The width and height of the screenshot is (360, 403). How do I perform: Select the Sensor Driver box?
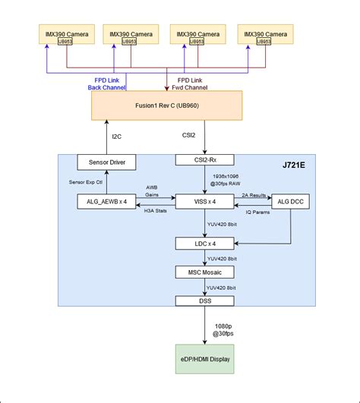pyautogui.click(x=106, y=163)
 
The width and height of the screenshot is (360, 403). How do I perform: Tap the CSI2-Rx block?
pyautogui.click(x=204, y=160)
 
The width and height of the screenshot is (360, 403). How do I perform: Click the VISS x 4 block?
pyautogui.click(x=205, y=202)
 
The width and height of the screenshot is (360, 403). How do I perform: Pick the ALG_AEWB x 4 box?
pyautogui.click(x=107, y=202)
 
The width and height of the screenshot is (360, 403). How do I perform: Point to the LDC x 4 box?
pyautogui.click(x=205, y=244)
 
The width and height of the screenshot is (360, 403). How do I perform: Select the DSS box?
pyautogui.click(x=205, y=301)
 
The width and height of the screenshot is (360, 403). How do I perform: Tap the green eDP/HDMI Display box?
pyautogui.click(x=205, y=358)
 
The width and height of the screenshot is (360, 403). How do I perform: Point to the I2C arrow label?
pyautogui.click(x=116, y=137)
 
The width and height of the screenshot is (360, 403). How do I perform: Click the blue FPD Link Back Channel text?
pyautogui.click(x=108, y=83)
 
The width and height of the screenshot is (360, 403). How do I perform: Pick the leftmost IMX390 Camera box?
pyautogui.click(x=65, y=36)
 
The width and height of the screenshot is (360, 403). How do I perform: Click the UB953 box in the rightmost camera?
pyautogui.click(x=264, y=42)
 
